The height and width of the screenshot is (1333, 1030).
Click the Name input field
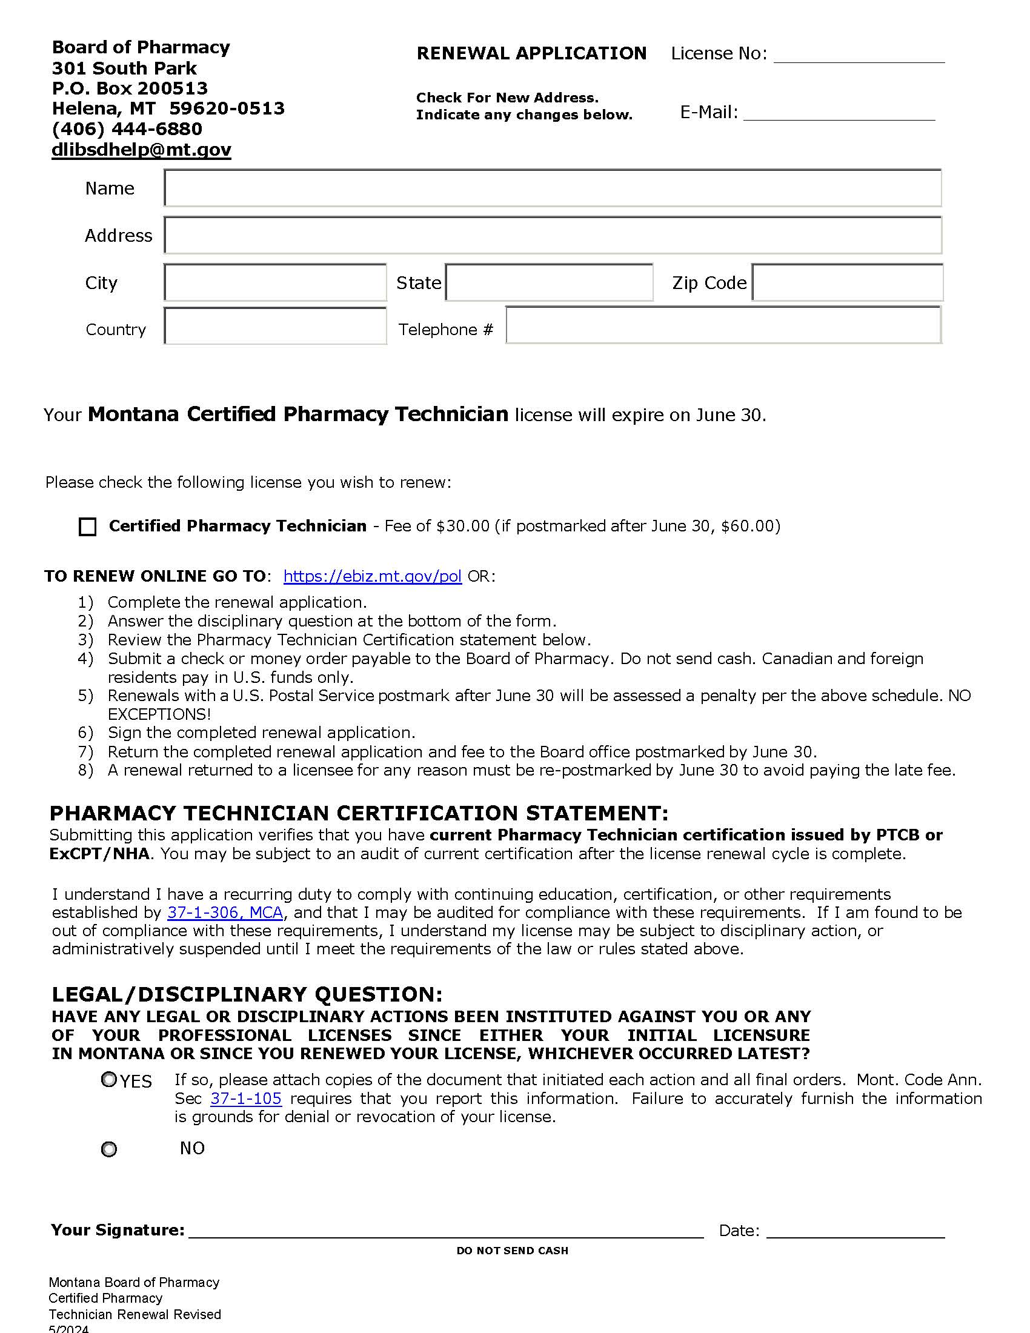(x=552, y=188)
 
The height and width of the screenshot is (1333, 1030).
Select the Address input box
(x=552, y=235)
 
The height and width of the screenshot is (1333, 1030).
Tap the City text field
(x=275, y=282)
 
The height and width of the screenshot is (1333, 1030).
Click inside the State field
(x=549, y=282)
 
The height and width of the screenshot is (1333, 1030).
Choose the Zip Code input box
(x=847, y=282)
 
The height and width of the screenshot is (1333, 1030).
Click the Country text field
(x=275, y=326)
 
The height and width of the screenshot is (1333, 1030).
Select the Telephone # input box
(x=723, y=325)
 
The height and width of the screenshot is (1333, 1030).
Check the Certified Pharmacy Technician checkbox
(x=88, y=527)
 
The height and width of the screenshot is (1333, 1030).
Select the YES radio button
(x=108, y=1080)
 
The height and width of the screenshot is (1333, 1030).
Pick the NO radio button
(x=108, y=1149)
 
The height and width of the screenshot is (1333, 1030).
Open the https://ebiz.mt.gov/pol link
(x=372, y=576)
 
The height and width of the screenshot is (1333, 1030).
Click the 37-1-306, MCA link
(x=225, y=912)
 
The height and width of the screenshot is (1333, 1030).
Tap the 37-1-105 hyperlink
(x=246, y=1099)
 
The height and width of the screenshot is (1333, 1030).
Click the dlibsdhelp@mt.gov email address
(x=141, y=150)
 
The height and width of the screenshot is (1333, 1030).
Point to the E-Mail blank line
(x=839, y=114)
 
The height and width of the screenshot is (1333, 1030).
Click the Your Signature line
(x=445, y=1230)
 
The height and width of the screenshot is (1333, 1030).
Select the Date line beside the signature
(x=855, y=1230)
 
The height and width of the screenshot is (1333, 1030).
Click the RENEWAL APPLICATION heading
(x=531, y=54)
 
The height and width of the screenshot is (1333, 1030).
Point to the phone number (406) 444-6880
(x=127, y=129)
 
